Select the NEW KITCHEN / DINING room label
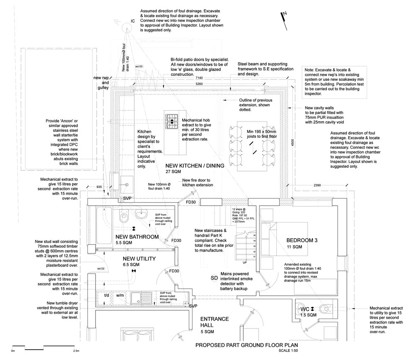coord(195,166)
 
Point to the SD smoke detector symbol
coord(214,278)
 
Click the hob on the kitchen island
coord(172,123)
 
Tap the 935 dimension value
coord(99,187)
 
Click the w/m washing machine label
coord(120,295)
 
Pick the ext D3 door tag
coord(139,67)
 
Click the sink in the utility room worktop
coord(137,298)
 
